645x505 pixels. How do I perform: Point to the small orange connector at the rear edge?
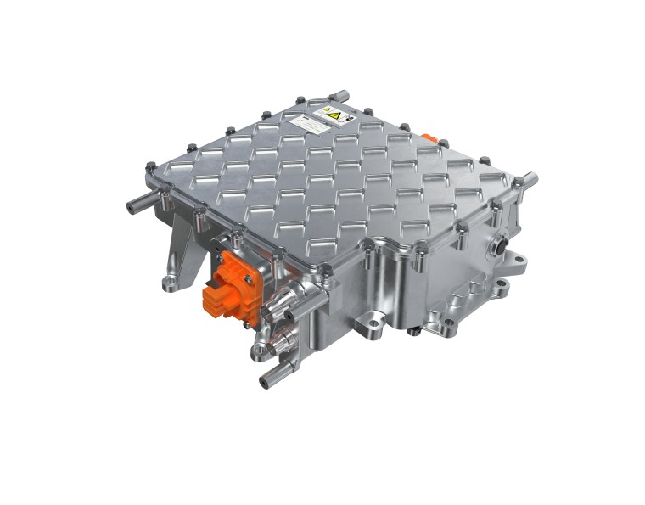[x=429, y=137]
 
